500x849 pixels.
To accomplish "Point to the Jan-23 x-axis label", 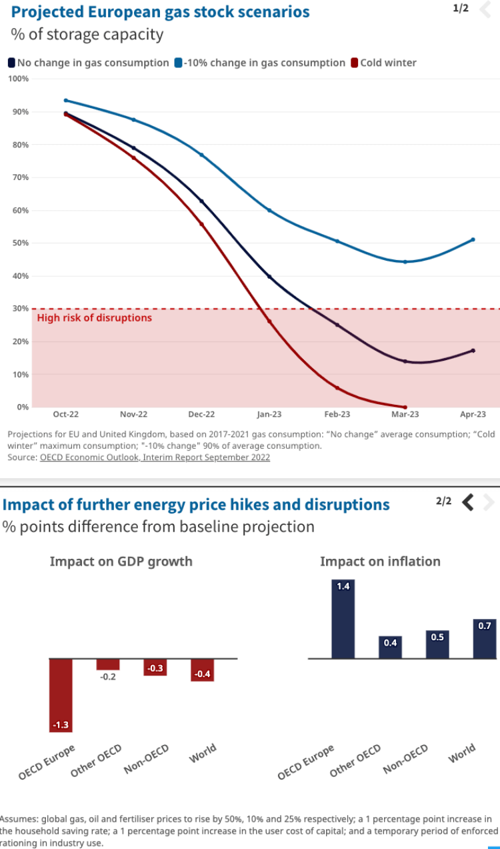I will [269, 415].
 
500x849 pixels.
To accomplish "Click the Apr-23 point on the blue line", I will [473, 239].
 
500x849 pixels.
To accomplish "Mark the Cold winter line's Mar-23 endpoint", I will [405, 407].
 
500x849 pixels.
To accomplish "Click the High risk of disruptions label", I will [94, 318].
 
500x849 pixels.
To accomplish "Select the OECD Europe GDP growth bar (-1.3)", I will [61, 694].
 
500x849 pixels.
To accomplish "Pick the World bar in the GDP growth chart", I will [202, 670].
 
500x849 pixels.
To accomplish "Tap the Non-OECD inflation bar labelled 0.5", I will [437, 644].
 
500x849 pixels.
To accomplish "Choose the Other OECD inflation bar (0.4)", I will [390, 648].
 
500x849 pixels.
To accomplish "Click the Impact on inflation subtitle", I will [380, 562].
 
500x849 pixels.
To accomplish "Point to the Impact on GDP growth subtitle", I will [121, 562].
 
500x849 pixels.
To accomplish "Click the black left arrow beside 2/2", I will [468, 502].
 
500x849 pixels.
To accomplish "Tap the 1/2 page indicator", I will [460, 8].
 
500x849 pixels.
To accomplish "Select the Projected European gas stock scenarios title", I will [160, 11].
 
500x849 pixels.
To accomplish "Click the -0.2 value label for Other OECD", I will [108, 677].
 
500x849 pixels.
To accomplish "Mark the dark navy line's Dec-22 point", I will [201, 201].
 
